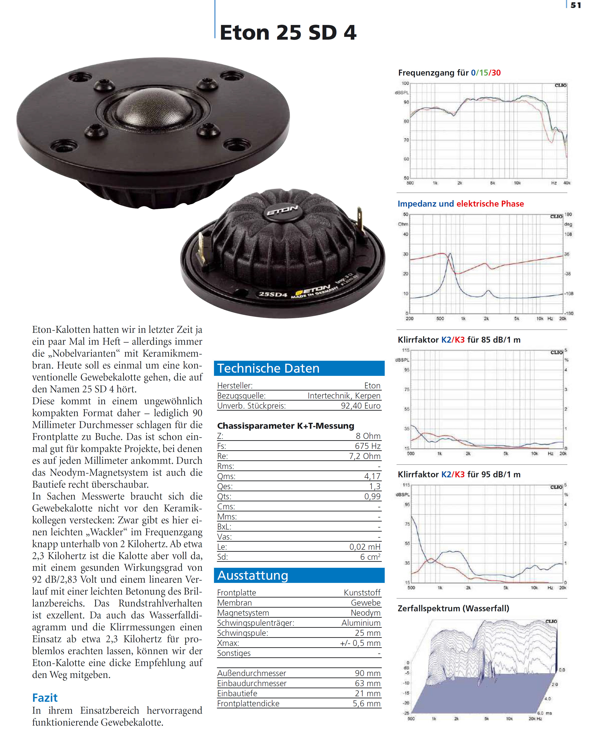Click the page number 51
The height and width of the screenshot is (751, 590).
[x=576, y=5]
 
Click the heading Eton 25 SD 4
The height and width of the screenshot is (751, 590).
[x=288, y=33]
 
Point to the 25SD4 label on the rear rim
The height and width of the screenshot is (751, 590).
[x=273, y=294]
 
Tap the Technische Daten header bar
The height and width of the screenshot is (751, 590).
[x=299, y=369]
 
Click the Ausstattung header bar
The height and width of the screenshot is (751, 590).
[x=299, y=575]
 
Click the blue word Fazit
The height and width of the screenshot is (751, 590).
[x=45, y=698]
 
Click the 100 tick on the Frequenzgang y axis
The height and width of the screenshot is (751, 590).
[x=405, y=83]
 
